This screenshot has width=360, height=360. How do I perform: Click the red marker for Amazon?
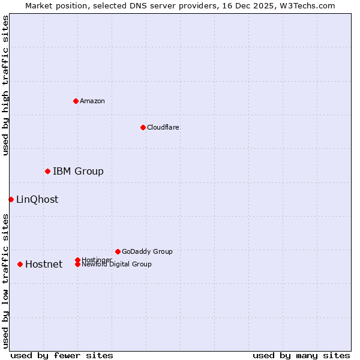click(x=76, y=101)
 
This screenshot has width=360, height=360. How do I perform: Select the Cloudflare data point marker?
click(x=143, y=127)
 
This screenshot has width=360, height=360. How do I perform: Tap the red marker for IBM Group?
click(x=47, y=172)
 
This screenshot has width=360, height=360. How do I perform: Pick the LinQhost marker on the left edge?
click(x=11, y=199)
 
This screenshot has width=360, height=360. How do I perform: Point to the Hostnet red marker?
click(x=20, y=264)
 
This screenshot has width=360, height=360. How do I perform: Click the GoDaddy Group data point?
click(x=118, y=251)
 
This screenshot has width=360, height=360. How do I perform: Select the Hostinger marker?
click(x=77, y=260)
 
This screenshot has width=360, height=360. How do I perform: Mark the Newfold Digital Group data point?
click(x=77, y=264)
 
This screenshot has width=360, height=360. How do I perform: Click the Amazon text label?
click(x=92, y=101)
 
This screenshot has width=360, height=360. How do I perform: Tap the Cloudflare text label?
click(x=163, y=127)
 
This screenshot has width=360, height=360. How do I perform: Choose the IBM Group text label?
click(x=78, y=172)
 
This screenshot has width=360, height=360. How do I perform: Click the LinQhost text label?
click(x=37, y=199)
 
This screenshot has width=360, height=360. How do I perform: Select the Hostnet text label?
click(x=44, y=264)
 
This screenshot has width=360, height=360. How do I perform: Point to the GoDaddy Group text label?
click(x=147, y=251)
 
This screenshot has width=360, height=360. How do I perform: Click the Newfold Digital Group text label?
click(x=116, y=264)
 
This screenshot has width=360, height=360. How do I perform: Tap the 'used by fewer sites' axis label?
click(x=62, y=355)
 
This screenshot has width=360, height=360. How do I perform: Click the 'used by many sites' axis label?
click(x=301, y=355)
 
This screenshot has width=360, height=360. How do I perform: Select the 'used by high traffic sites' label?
click(x=5, y=85)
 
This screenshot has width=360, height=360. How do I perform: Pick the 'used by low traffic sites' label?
click(x=5, y=280)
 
